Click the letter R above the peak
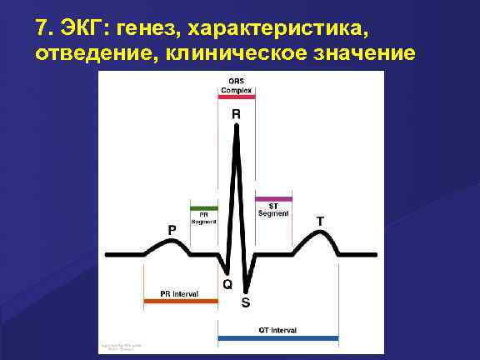(237, 112)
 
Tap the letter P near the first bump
(172, 227)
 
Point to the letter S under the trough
(245, 302)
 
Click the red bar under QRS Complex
(236, 96)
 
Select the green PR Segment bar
(204, 207)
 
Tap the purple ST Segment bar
(273, 199)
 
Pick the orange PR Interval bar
(180, 301)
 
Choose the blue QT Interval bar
(277, 338)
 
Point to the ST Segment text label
(273, 210)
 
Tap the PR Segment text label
(204, 218)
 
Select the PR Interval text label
(178, 294)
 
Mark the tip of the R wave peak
(237, 125)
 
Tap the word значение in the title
(366, 54)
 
